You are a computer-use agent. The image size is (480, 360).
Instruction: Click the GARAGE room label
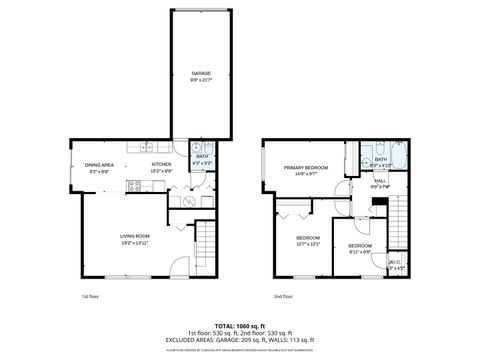201,74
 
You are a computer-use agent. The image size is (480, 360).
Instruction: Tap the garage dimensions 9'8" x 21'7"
201,81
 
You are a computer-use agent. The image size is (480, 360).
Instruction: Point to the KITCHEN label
161,164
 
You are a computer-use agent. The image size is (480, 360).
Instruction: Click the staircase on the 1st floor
205,240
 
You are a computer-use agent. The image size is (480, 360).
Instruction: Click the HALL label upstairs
380,181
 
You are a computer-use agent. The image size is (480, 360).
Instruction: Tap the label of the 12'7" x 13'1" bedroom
307,236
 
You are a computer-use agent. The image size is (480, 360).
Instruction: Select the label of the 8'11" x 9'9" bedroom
359,246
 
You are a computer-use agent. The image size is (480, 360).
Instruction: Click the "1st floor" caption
91,296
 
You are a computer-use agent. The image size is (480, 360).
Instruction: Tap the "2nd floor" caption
283,296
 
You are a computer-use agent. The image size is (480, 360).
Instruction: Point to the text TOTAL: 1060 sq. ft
240,325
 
